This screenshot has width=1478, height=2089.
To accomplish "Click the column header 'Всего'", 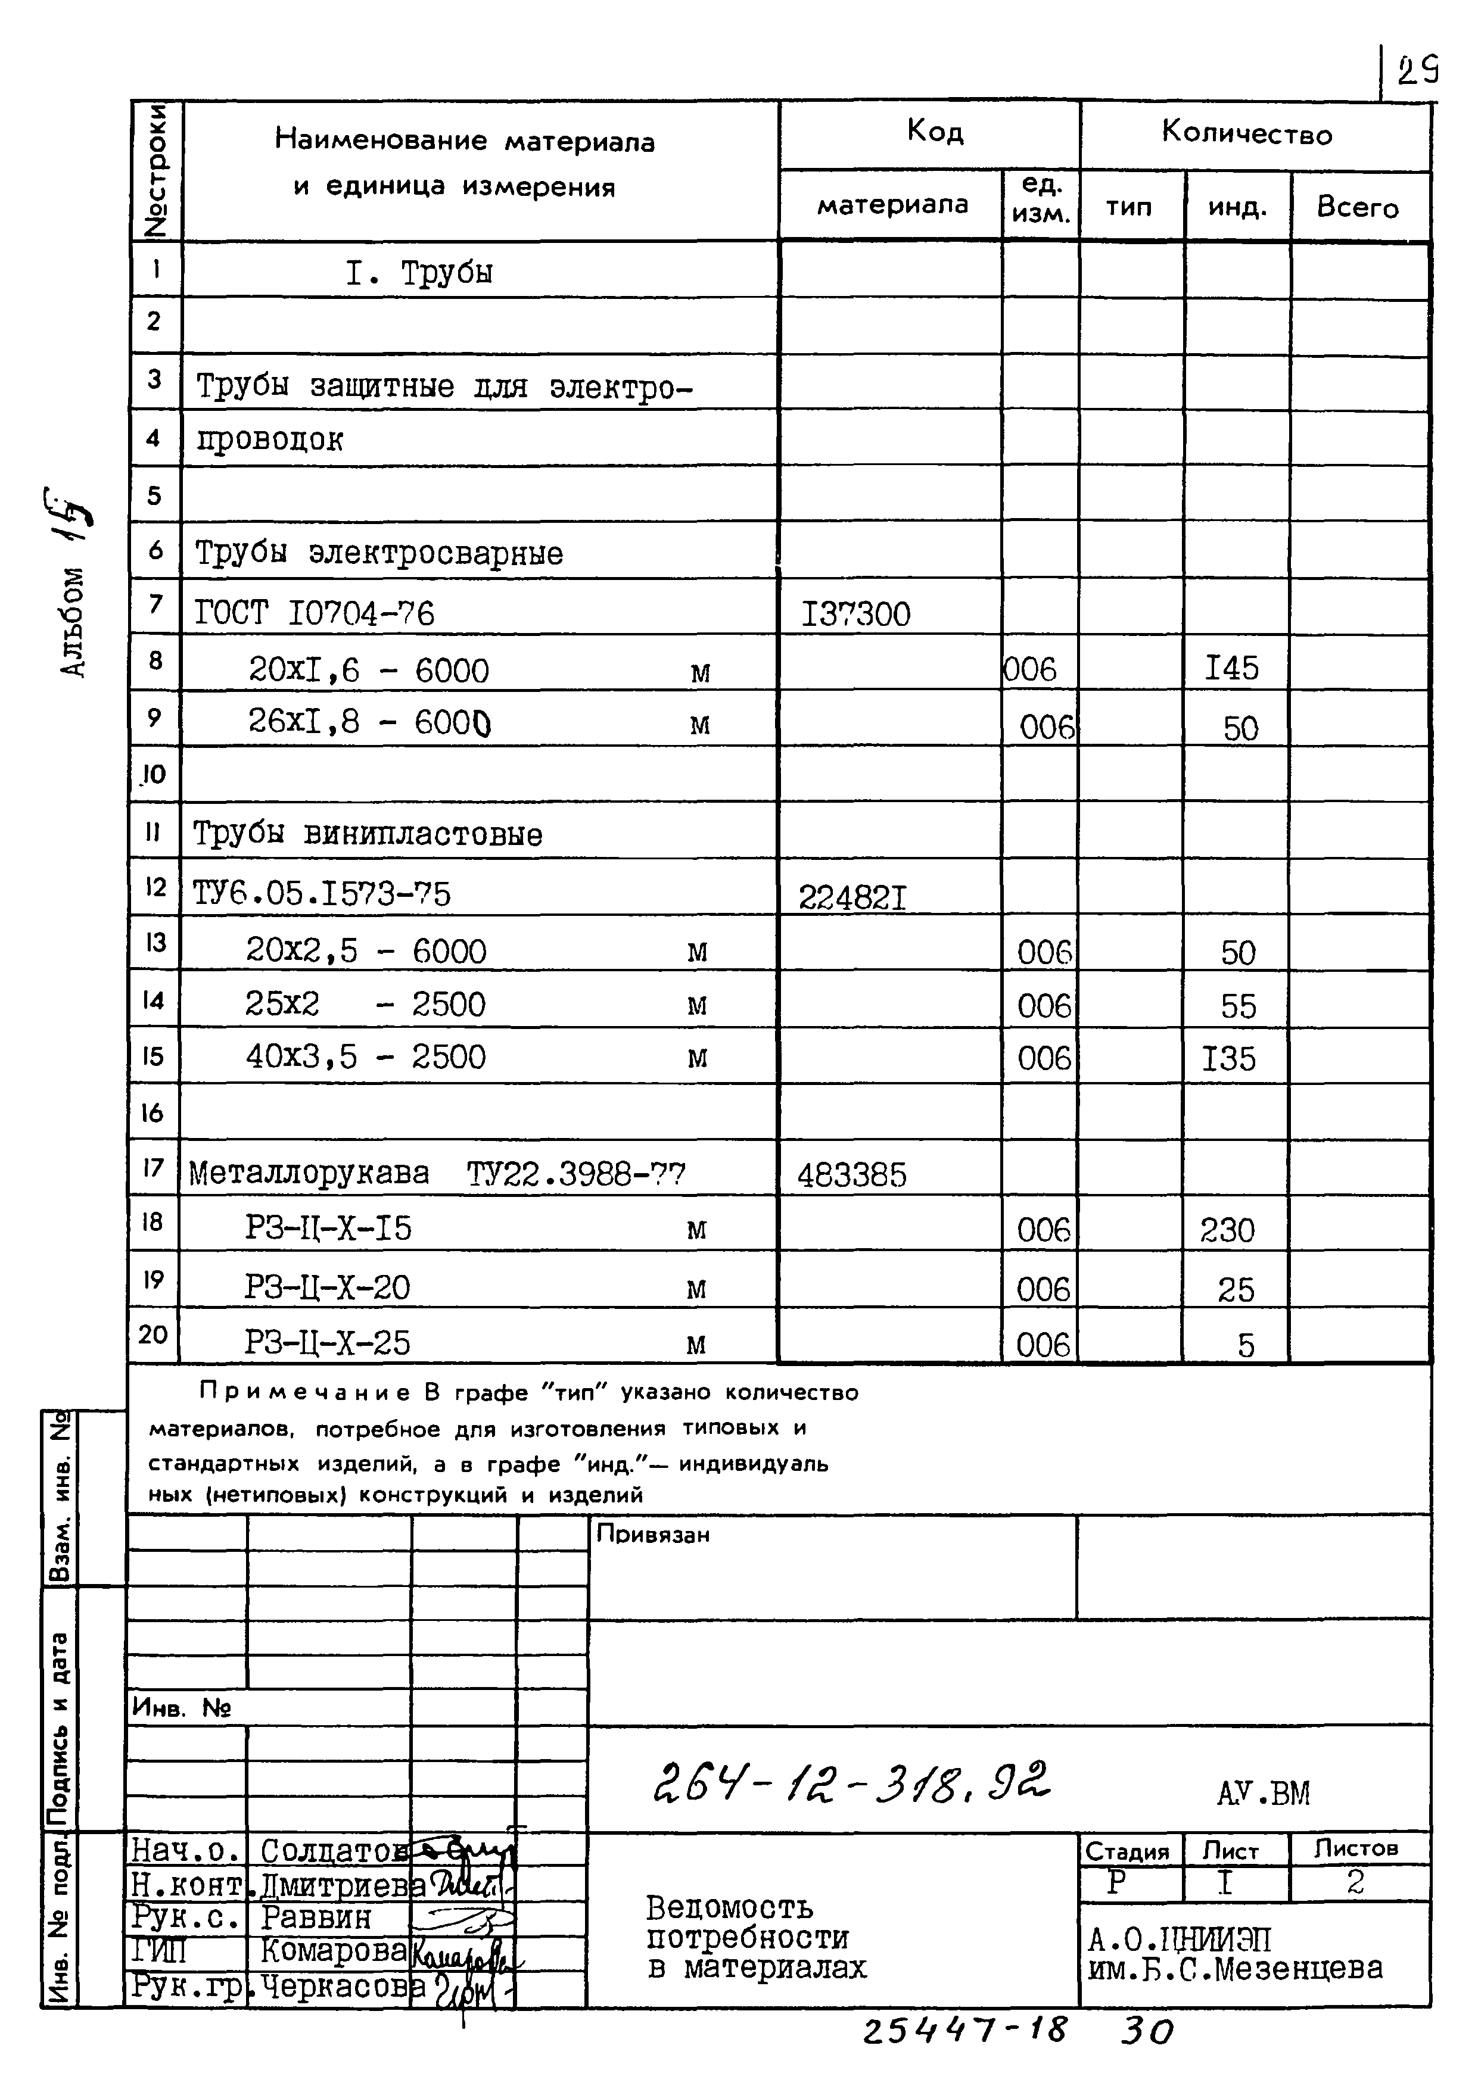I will pos(1357,207).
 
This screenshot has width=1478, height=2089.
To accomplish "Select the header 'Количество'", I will pos(1247,134).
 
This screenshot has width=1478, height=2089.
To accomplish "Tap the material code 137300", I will pos(855,614).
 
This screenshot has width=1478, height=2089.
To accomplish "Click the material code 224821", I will pos(852,898).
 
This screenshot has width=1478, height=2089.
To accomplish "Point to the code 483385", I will pos(852,1176).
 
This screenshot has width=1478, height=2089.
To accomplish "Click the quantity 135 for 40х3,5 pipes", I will pos(1228,1059).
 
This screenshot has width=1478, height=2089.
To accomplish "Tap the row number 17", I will pos(153,1167).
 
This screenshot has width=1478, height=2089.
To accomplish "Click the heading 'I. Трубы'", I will pos(419,273).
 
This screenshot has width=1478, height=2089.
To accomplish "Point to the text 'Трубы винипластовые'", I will pos(368,834).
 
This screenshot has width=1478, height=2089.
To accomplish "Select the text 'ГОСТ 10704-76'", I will pos(315,614).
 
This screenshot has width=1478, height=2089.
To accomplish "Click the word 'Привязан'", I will pos(652,1535).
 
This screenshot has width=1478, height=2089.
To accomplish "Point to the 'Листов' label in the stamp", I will pos(1355,1849).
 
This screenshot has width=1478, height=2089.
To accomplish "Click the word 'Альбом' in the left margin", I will pos(74,622).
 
